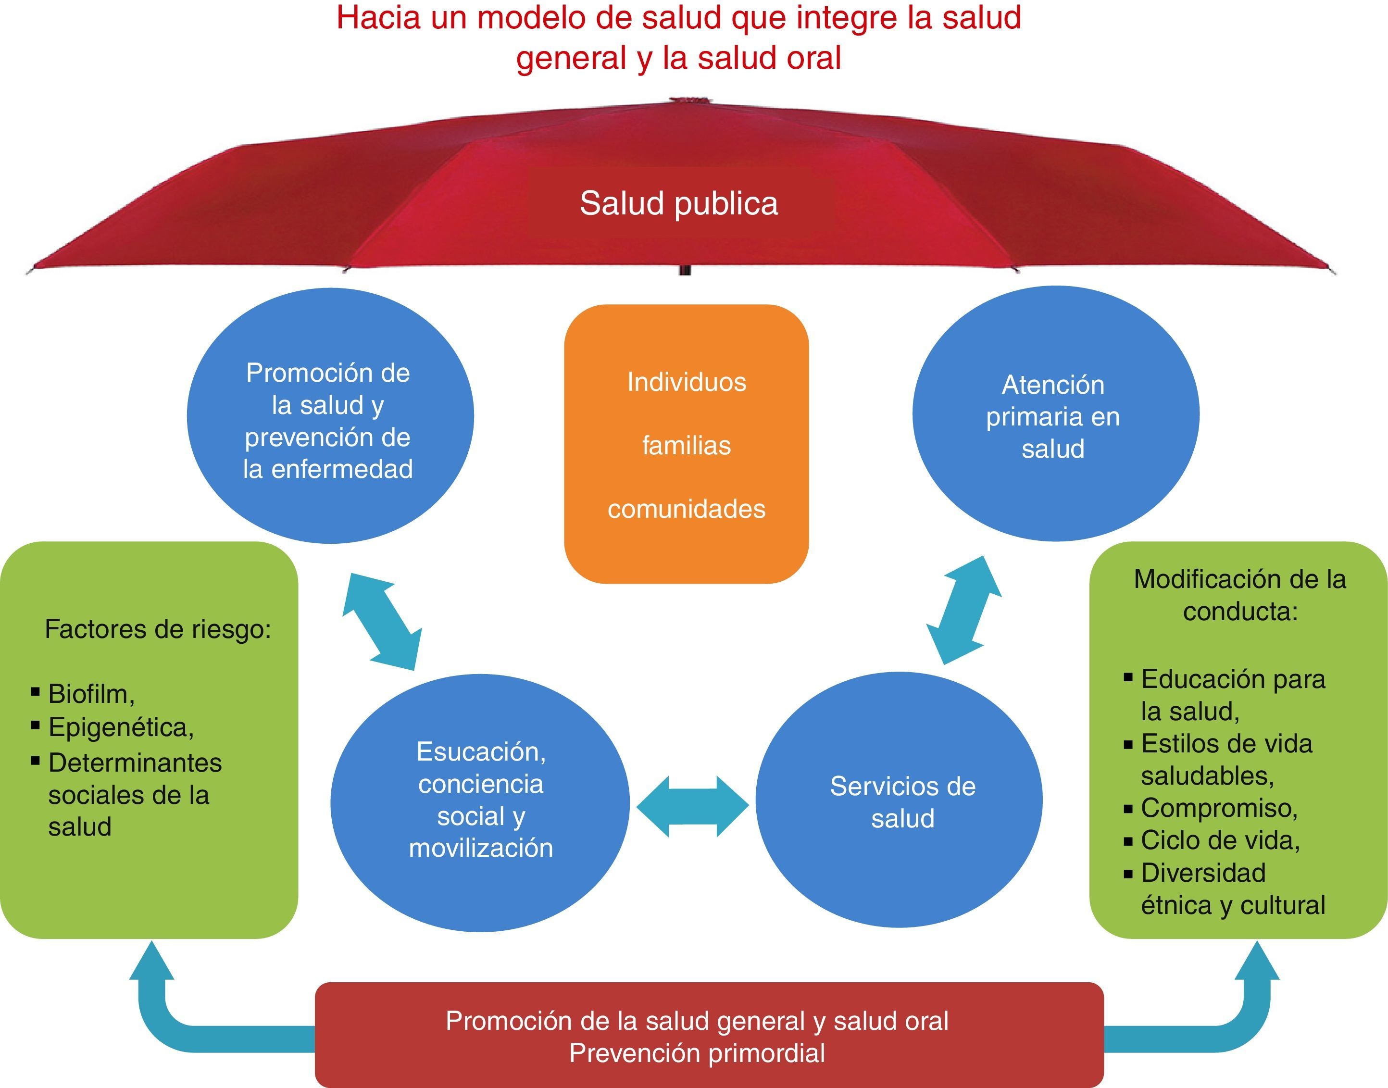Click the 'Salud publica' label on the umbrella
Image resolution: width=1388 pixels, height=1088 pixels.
point(678,204)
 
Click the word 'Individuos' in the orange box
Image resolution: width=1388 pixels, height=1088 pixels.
point(686,382)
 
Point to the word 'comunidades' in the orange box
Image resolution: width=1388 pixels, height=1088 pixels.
point(686,509)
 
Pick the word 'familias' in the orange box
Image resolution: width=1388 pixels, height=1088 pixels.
point(686,445)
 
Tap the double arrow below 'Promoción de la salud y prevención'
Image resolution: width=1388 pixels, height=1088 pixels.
point(382,621)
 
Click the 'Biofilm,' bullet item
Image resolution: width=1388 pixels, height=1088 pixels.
point(91,694)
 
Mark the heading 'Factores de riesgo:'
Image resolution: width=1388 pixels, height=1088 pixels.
point(158,629)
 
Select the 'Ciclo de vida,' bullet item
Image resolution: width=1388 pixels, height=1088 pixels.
point(1220,840)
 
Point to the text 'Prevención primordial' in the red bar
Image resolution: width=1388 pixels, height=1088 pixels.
point(697,1053)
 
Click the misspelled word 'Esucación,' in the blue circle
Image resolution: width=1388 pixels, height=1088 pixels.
point(481,751)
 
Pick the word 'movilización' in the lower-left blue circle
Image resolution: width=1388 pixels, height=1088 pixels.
point(481,848)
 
